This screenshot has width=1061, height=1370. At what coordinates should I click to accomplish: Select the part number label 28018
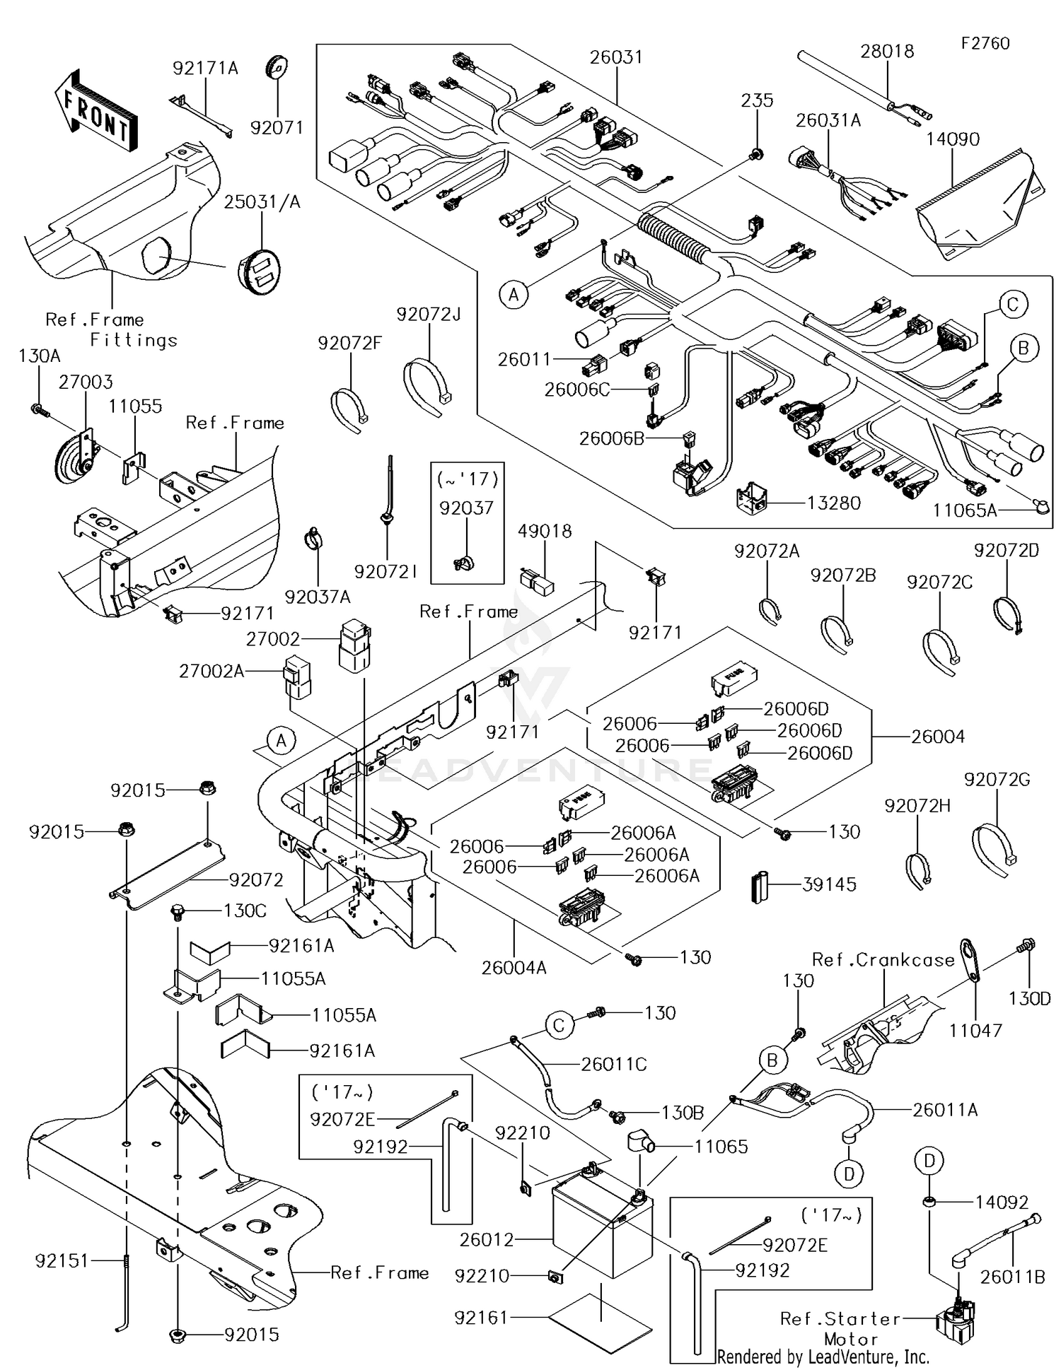click(x=886, y=51)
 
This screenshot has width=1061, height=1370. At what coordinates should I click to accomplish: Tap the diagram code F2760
click(x=985, y=43)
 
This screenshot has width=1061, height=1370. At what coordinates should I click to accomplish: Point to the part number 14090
click(x=953, y=139)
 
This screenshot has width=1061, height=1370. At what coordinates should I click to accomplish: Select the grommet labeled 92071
click(x=277, y=69)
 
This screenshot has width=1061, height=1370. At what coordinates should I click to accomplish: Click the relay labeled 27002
click(x=354, y=645)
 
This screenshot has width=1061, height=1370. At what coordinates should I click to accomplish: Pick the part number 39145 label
click(x=829, y=884)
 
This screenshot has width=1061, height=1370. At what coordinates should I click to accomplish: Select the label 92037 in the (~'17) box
click(x=466, y=508)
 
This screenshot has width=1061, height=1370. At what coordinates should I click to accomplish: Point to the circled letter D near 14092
click(x=929, y=1160)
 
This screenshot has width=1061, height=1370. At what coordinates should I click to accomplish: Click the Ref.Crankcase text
click(x=883, y=960)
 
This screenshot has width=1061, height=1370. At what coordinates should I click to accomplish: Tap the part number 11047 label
click(x=975, y=1030)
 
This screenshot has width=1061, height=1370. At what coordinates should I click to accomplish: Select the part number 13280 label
click(x=833, y=503)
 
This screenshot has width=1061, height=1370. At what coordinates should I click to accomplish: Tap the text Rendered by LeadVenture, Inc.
click(x=823, y=1357)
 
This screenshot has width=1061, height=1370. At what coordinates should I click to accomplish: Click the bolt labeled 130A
click(x=38, y=409)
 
